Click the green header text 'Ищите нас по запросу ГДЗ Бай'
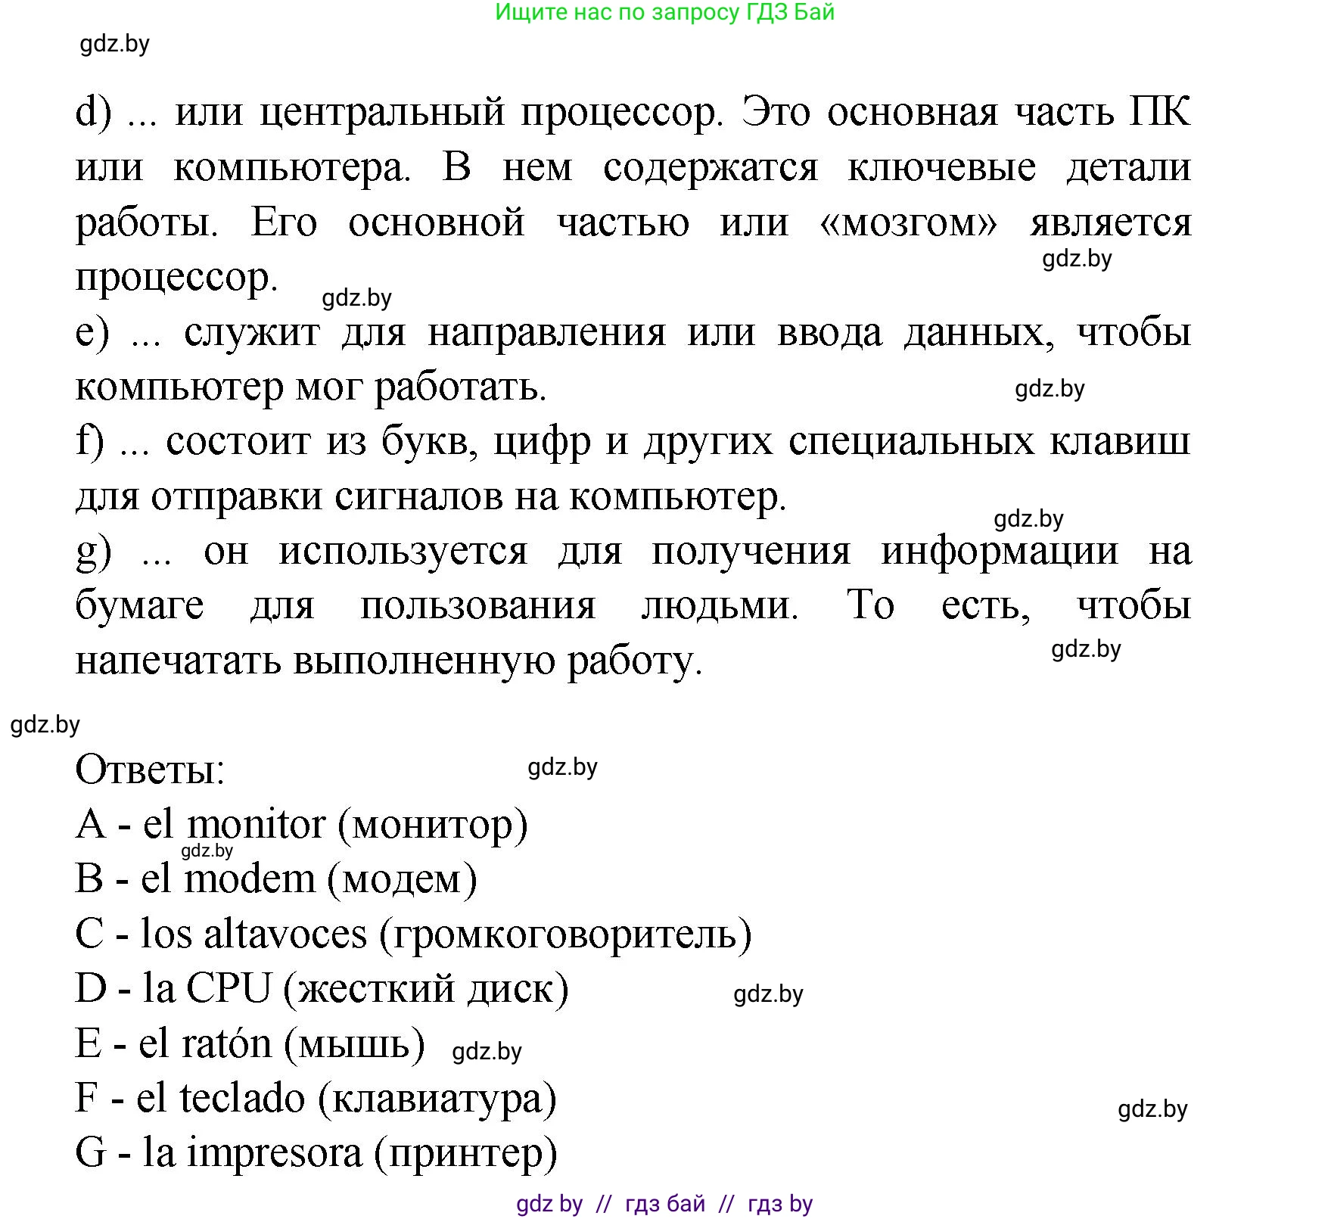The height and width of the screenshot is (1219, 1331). (664, 13)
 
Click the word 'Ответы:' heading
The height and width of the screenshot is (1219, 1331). (150, 770)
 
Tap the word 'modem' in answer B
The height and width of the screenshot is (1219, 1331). (249, 879)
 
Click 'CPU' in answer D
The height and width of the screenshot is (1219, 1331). (228, 988)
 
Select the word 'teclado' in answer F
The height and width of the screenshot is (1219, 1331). (242, 1098)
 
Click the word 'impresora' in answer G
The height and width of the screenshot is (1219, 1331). (274, 1153)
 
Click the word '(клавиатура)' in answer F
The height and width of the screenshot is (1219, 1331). (437, 1099)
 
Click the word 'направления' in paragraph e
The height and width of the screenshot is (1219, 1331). (546, 334)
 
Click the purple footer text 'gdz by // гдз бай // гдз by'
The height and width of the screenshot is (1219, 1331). (664, 1204)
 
